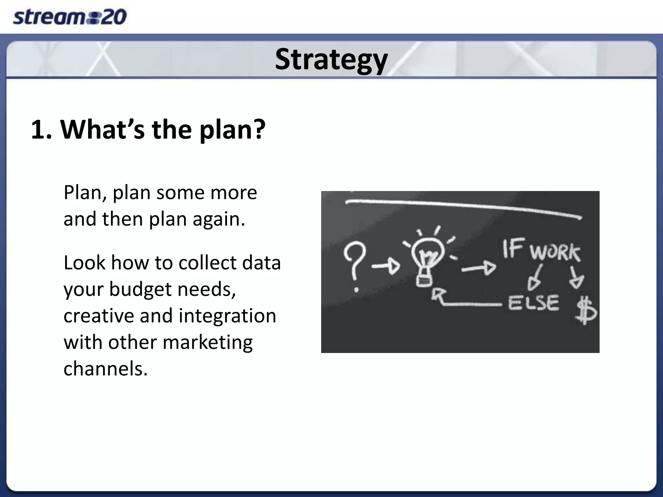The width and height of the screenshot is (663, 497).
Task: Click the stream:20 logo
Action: click(70, 17)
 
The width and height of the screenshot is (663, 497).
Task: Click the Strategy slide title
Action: click(331, 60)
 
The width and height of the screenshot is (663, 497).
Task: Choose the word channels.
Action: click(106, 369)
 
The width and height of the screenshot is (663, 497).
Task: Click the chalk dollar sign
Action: click(585, 311)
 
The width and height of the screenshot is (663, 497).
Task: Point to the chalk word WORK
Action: click(555, 252)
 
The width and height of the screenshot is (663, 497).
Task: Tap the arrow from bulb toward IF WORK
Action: click(478, 268)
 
